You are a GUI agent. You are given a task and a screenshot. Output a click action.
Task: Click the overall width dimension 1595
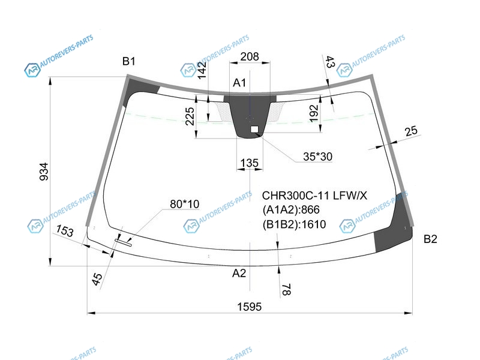(250, 307)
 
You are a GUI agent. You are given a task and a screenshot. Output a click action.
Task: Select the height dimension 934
(44, 172)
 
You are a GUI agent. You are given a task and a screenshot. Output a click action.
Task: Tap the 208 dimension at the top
(250, 56)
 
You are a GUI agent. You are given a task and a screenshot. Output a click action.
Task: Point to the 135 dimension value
(250, 163)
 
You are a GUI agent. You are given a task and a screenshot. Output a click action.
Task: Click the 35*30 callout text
(317, 157)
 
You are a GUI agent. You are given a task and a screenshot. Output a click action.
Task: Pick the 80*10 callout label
(184, 204)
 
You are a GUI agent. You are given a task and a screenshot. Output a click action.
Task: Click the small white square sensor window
(254, 129)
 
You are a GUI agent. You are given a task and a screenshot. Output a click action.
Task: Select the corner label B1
(128, 61)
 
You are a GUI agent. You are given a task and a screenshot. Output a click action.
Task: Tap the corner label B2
(430, 239)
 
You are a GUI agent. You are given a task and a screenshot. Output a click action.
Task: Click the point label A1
(239, 83)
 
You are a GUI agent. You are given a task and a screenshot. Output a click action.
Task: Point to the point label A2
(239, 273)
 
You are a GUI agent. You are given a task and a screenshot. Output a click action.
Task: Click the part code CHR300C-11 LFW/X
(314, 196)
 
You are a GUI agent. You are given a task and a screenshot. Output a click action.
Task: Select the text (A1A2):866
(291, 209)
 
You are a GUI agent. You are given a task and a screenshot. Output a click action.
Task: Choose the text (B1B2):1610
(294, 224)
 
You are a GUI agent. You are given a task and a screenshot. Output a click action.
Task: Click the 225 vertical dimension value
(190, 116)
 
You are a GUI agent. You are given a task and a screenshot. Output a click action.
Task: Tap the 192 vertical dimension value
(314, 113)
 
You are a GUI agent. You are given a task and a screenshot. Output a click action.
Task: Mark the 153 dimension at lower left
(65, 230)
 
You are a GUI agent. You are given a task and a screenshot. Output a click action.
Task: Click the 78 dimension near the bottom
(286, 290)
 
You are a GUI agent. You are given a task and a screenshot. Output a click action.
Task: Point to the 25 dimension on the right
(411, 131)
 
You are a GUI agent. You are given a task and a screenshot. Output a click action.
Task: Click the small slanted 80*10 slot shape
(123, 242)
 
